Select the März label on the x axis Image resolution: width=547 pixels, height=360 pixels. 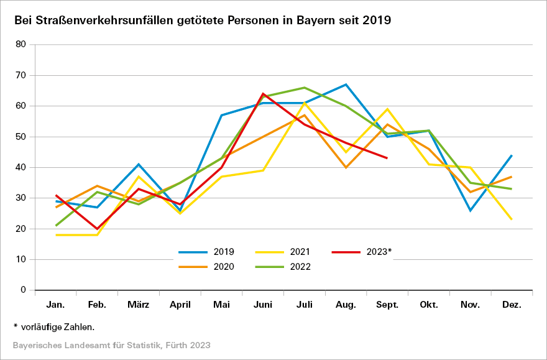tap(139, 305)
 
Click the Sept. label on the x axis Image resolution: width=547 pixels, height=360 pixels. tap(387, 305)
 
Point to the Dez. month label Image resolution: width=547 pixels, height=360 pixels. tap(512, 305)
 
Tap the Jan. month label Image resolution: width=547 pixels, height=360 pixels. tap(56, 305)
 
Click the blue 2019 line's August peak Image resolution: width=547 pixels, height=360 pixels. tap(346, 85)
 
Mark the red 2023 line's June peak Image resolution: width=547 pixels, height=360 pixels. tap(263, 94)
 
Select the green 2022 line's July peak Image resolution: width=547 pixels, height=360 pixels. tap(305, 88)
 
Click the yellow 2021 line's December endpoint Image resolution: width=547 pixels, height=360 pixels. tap(512, 219)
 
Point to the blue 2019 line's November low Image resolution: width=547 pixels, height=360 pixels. tap(471, 210)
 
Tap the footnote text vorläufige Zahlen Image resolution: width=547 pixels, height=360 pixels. tap(57, 326)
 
